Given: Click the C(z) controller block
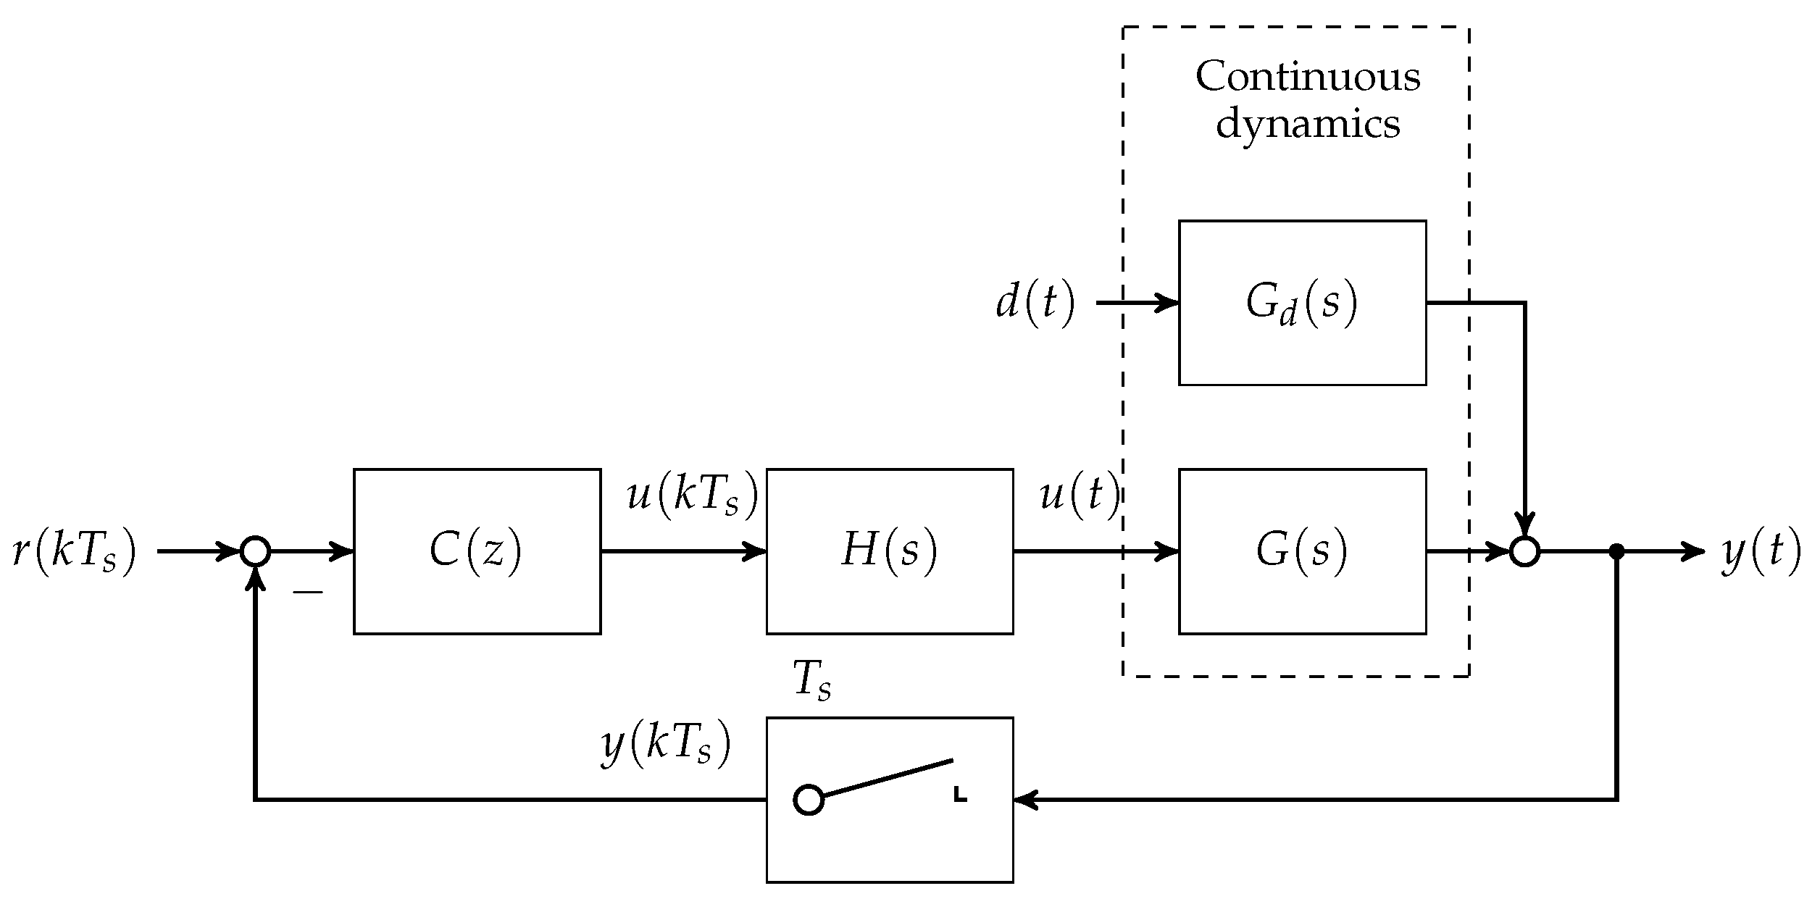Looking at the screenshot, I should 477,551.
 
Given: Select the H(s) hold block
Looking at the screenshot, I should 889,551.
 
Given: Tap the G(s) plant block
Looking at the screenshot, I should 1302,551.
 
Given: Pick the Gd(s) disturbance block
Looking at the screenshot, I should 1302,303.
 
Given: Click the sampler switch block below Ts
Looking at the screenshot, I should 889,800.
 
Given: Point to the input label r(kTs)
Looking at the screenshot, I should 75,552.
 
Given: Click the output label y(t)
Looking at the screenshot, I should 1761,552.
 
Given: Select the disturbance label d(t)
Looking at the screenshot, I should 1035,303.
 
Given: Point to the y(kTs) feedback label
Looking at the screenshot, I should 665,745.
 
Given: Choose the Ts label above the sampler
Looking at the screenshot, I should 812,682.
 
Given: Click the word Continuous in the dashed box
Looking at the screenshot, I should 1308,77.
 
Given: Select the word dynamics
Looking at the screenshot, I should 1308,125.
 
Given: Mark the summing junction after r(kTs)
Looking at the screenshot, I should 255,551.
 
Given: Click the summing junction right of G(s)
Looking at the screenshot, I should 1524,551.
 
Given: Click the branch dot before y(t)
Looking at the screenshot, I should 1616,551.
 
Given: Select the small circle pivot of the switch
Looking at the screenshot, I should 809,800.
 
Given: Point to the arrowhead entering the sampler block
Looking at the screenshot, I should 1024,800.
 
